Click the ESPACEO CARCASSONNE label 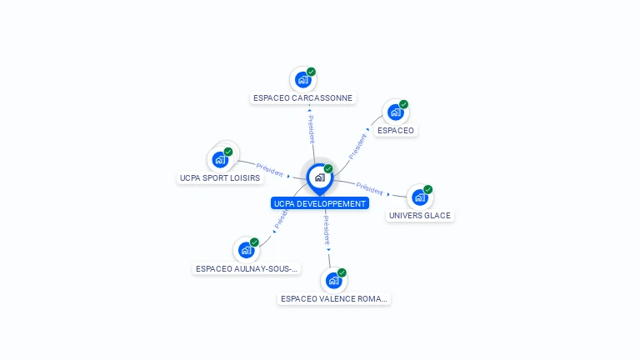click(x=302, y=98)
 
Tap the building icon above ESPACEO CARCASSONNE click(x=302, y=80)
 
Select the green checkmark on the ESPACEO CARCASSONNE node click(x=311, y=72)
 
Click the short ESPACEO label click(x=396, y=131)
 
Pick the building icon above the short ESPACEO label click(x=396, y=112)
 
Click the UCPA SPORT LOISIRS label click(x=220, y=178)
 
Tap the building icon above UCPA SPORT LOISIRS click(x=220, y=160)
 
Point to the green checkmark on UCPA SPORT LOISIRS click(x=228, y=152)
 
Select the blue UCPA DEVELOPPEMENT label click(x=320, y=203)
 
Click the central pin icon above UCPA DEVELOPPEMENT click(x=320, y=179)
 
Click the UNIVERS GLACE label click(x=420, y=216)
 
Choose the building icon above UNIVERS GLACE click(x=420, y=197)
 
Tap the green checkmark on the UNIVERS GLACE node click(x=427, y=189)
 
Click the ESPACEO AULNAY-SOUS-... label click(x=247, y=268)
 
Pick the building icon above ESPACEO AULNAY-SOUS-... click(x=246, y=250)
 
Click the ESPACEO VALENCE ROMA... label click(x=334, y=299)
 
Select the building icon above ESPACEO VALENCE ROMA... click(x=334, y=280)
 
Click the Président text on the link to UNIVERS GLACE click(x=369, y=188)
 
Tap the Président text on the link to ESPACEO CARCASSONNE click(x=312, y=129)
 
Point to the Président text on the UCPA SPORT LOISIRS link click(x=269, y=170)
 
